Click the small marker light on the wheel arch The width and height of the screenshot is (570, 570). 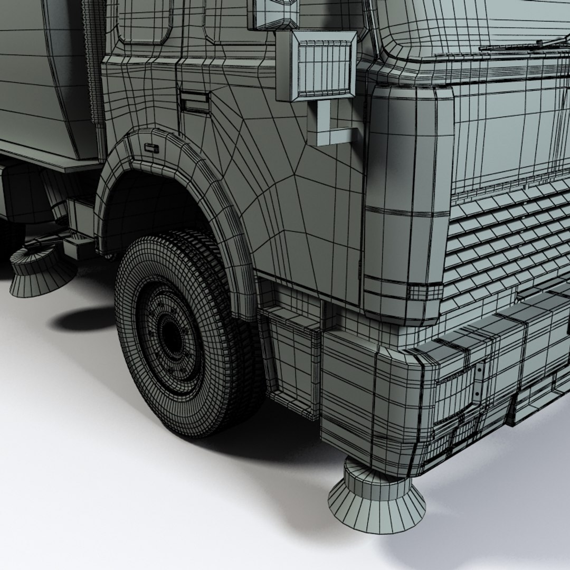[x=151, y=148]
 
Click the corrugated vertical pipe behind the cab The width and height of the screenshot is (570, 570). [x=94, y=63]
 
